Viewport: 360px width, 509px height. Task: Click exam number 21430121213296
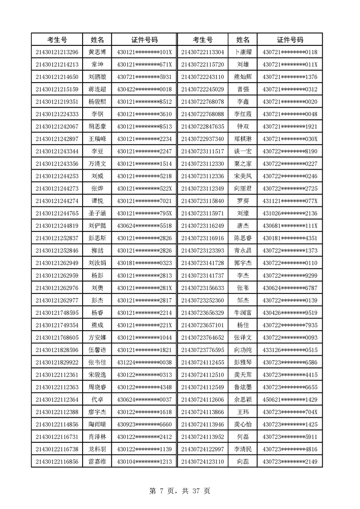click(57, 52)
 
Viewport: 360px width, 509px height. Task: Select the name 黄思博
click(97, 52)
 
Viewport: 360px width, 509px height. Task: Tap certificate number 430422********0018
click(144, 89)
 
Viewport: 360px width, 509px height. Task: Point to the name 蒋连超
click(97, 89)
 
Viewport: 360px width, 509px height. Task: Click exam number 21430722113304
click(202, 52)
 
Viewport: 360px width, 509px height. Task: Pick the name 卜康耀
click(243, 52)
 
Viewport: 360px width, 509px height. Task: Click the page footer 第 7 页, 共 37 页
click(180, 491)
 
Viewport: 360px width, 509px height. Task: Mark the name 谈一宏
click(243, 151)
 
